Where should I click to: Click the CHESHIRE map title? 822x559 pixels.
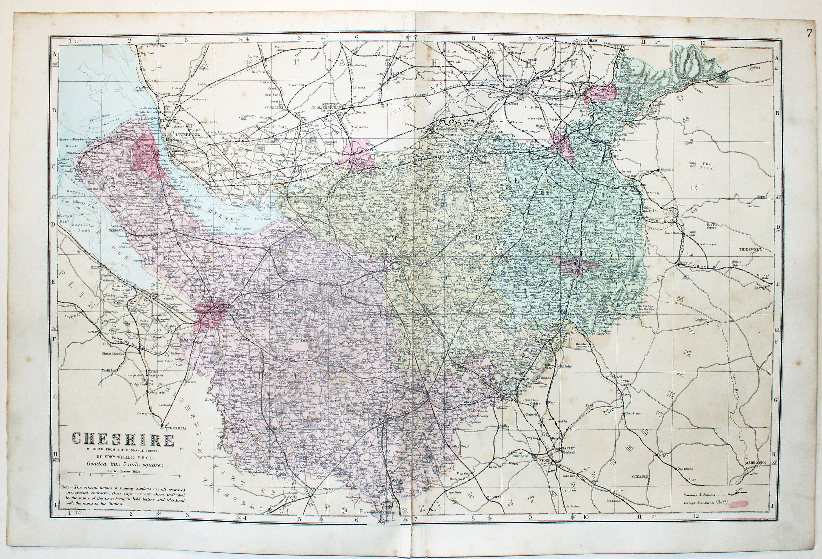pos(124,440)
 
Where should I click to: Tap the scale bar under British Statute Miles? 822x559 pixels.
pos(124,477)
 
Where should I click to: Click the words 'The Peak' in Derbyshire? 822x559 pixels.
pos(706,166)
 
